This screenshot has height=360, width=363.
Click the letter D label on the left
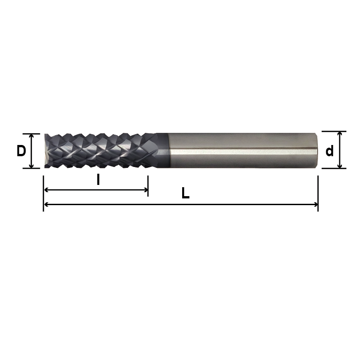(21, 151)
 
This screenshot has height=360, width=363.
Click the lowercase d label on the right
(329, 151)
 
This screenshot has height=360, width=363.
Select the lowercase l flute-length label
(98, 180)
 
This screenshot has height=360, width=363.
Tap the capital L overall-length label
(185, 194)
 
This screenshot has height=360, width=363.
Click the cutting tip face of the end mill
(46, 150)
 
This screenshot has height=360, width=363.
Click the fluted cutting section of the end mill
(99, 150)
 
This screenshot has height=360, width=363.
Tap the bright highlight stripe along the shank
(242, 152)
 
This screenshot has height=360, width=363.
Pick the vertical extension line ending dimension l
(148, 184)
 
